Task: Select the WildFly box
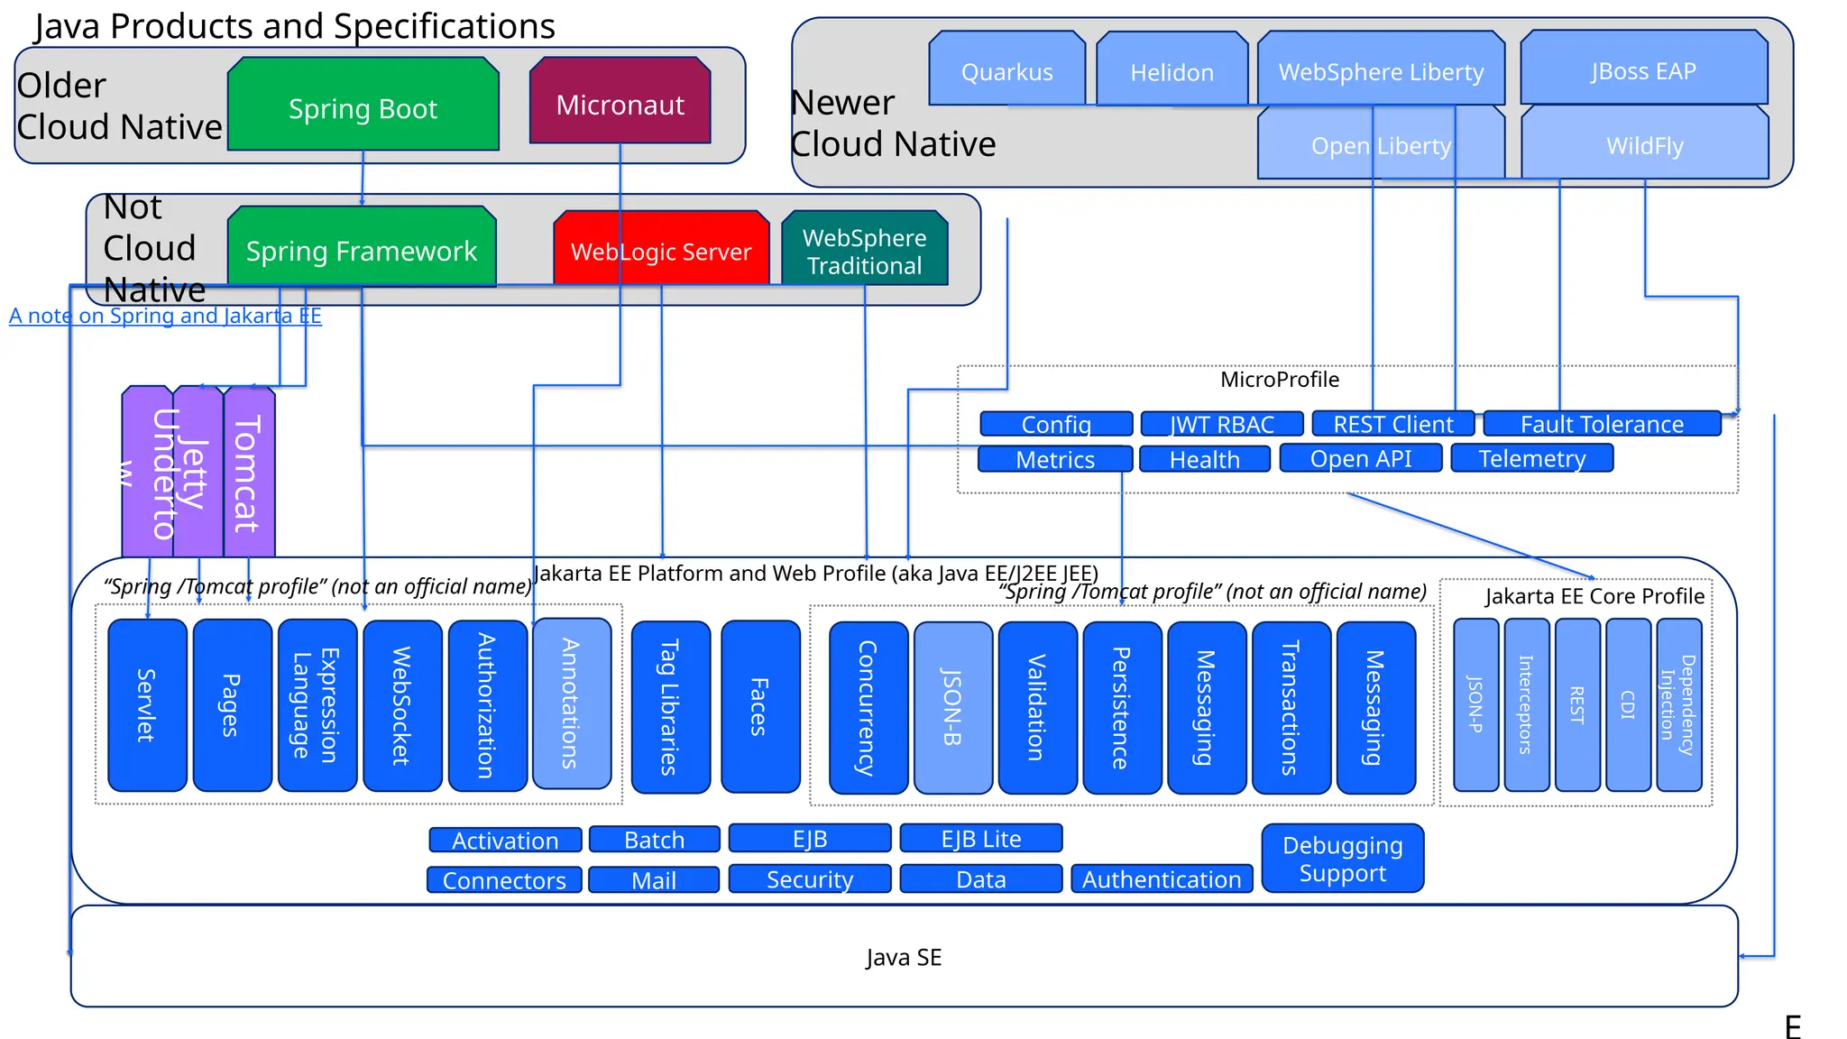coord(1644,144)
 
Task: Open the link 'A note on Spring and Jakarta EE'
coord(165,316)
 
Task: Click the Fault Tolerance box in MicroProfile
coord(1602,423)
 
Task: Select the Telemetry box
coord(1531,458)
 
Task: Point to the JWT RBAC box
coord(1221,424)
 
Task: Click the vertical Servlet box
coord(147,704)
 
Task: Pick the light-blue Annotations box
coord(572,703)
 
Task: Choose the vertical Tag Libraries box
coord(670,706)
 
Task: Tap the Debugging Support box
coord(1342,858)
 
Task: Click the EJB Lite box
coord(980,838)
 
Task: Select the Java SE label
coord(904,957)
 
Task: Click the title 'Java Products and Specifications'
coord(294,25)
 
